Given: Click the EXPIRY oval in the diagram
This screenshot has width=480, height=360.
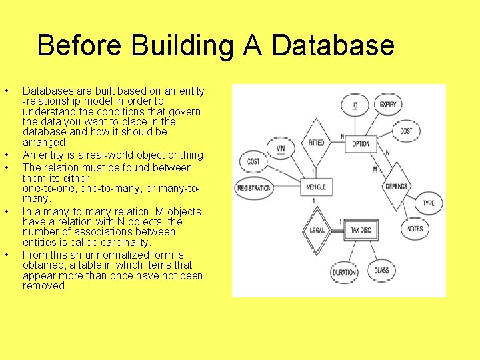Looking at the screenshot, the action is (x=388, y=105).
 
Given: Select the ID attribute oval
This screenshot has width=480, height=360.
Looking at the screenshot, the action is (x=355, y=106).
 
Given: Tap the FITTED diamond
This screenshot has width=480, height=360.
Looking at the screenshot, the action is (x=316, y=143).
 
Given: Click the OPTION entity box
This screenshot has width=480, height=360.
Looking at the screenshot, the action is (x=361, y=144).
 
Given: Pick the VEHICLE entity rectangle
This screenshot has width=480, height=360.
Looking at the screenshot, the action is (x=315, y=187).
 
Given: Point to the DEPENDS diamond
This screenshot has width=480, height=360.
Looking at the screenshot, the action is (x=396, y=187).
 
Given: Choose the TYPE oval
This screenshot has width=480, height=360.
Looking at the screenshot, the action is (x=428, y=203).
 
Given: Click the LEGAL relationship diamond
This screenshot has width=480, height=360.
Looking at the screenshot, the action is (x=317, y=231).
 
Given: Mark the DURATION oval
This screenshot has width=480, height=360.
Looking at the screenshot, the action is (x=344, y=272).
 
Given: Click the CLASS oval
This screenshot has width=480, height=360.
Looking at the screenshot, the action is (x=381, y=271).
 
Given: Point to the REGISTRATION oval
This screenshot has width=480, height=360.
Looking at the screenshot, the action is (x=253, y=188).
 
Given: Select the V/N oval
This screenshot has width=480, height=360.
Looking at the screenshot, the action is (x=281, y=147).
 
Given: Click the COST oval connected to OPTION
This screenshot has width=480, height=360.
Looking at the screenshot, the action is (x=406, y=131).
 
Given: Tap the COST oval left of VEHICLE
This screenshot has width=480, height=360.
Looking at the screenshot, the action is (x=253, y=161).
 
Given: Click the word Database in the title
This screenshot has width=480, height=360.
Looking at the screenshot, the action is (x=333, y=46).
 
